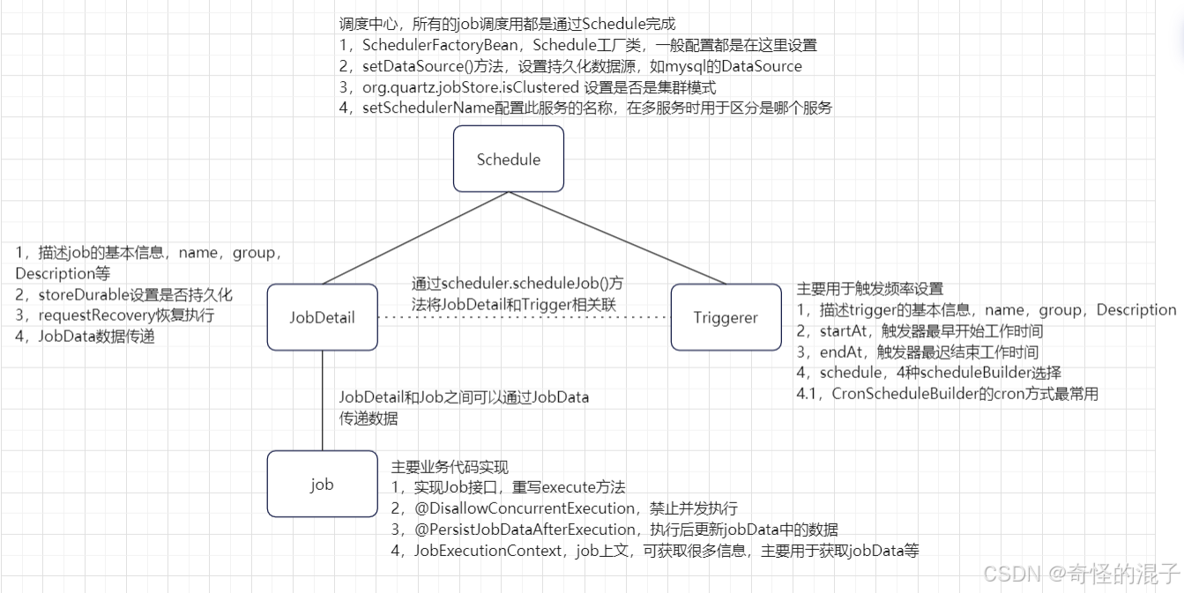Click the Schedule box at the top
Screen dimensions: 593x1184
click(x=508, y=159)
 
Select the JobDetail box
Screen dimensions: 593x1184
click(x=322, y=317)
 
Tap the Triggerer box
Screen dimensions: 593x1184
click(x=726, y=317)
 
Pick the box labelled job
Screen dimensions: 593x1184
click(x=322, y=484)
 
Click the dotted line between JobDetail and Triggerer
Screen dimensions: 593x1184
click(x=524, y=317)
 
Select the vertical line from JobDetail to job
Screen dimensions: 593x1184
click(x=322, y=400)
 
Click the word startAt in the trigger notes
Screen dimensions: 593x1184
click(x=841, y=331)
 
